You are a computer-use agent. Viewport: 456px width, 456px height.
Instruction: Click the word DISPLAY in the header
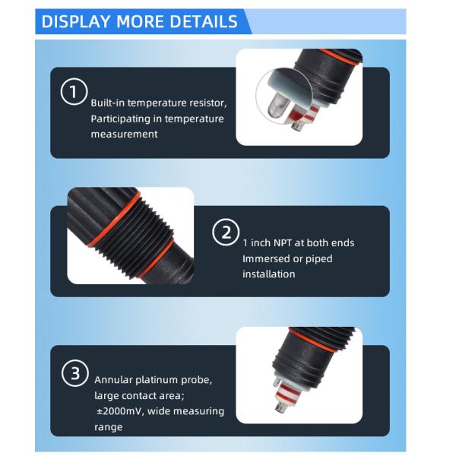(x=76, y=21)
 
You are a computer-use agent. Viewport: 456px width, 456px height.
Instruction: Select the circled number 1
(x=74, y=91)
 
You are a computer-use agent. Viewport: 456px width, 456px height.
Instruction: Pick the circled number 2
(x=226, y=232)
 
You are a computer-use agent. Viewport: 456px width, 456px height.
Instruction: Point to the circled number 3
(x=75, y=373)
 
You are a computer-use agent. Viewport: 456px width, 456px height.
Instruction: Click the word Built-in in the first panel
(x=108, y=103)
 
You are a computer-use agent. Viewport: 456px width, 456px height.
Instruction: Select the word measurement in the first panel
(x=124, y=135)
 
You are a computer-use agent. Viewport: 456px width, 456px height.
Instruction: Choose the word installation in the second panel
(x=269, y=274)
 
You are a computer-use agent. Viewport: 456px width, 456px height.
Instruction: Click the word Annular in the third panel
(x=113, y=380)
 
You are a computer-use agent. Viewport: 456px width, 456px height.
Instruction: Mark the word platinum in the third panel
(x=157, y=380)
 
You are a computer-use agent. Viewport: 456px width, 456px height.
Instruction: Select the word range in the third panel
(x=108, y=427)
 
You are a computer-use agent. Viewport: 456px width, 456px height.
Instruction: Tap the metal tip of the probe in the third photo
(x=280, y=407)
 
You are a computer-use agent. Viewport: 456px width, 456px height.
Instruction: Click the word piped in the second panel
(x=318, y=259)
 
